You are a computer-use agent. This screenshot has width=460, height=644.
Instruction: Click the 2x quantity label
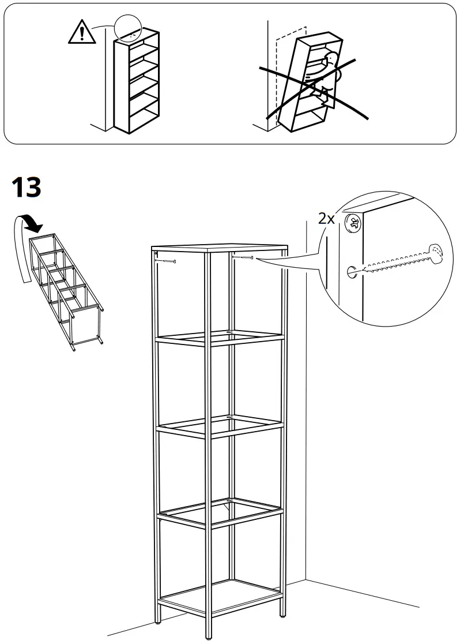327,218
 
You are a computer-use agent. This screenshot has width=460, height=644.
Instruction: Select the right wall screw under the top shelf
243,258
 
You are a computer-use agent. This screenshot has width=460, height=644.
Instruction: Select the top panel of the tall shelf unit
219,248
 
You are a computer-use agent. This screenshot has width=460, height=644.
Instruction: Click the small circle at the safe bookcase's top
127,27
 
